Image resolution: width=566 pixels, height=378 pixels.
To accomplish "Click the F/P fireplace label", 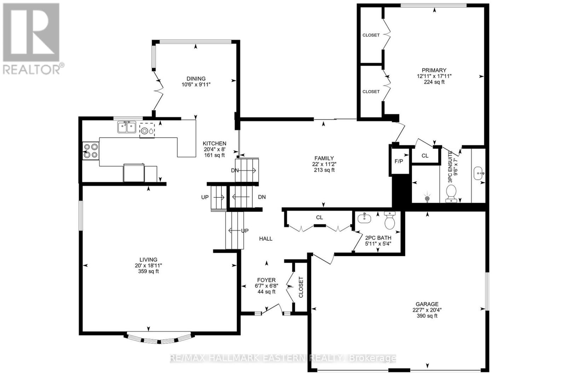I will click(399, 161).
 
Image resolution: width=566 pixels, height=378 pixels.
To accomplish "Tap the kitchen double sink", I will click(127, 127).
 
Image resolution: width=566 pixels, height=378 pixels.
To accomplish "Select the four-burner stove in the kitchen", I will click(91, 151).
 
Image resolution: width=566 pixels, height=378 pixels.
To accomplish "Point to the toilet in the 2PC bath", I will click(389, 221).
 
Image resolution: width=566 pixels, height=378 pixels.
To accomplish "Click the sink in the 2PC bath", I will click(364, 219).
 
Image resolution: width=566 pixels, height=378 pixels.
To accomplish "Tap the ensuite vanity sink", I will click(479, 174).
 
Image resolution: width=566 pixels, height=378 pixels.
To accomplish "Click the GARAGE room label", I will click(427, 304).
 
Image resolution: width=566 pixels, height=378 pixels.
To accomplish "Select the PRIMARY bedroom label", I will click(434, 70).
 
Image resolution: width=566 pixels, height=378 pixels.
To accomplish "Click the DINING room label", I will click(196, 78).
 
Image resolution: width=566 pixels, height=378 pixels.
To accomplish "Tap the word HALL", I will click(266, 239).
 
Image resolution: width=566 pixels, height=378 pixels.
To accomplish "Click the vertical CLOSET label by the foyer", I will click(301, 287).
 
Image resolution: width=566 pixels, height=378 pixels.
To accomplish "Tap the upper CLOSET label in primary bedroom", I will click(371, 35).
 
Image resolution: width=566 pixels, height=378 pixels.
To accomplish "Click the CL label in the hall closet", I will click(319, 217).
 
